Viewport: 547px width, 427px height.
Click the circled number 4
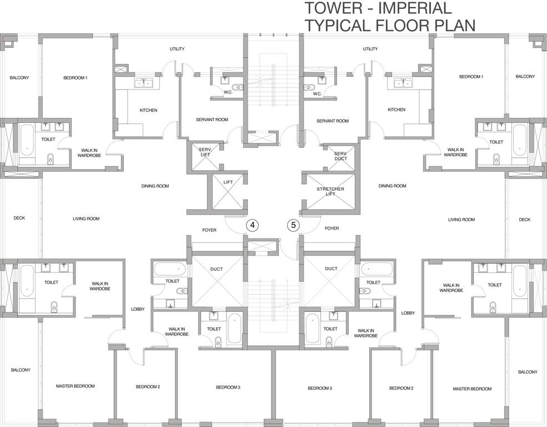253,225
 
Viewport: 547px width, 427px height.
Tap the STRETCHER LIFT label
330,192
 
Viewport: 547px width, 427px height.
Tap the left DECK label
19,218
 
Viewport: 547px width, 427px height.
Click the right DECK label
524,220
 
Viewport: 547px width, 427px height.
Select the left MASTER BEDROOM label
76,386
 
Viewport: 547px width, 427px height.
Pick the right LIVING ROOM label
461,220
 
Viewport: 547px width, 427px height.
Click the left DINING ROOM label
155,186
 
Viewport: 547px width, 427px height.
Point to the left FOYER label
209,228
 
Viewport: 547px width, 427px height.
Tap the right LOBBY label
408,313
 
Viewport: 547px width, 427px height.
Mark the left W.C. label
228,93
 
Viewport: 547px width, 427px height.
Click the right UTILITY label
370,49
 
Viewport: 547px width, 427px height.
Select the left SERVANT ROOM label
212,120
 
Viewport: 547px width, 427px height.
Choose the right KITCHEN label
397,110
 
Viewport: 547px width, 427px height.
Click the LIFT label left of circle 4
228,182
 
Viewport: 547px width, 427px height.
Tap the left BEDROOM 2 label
148,387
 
